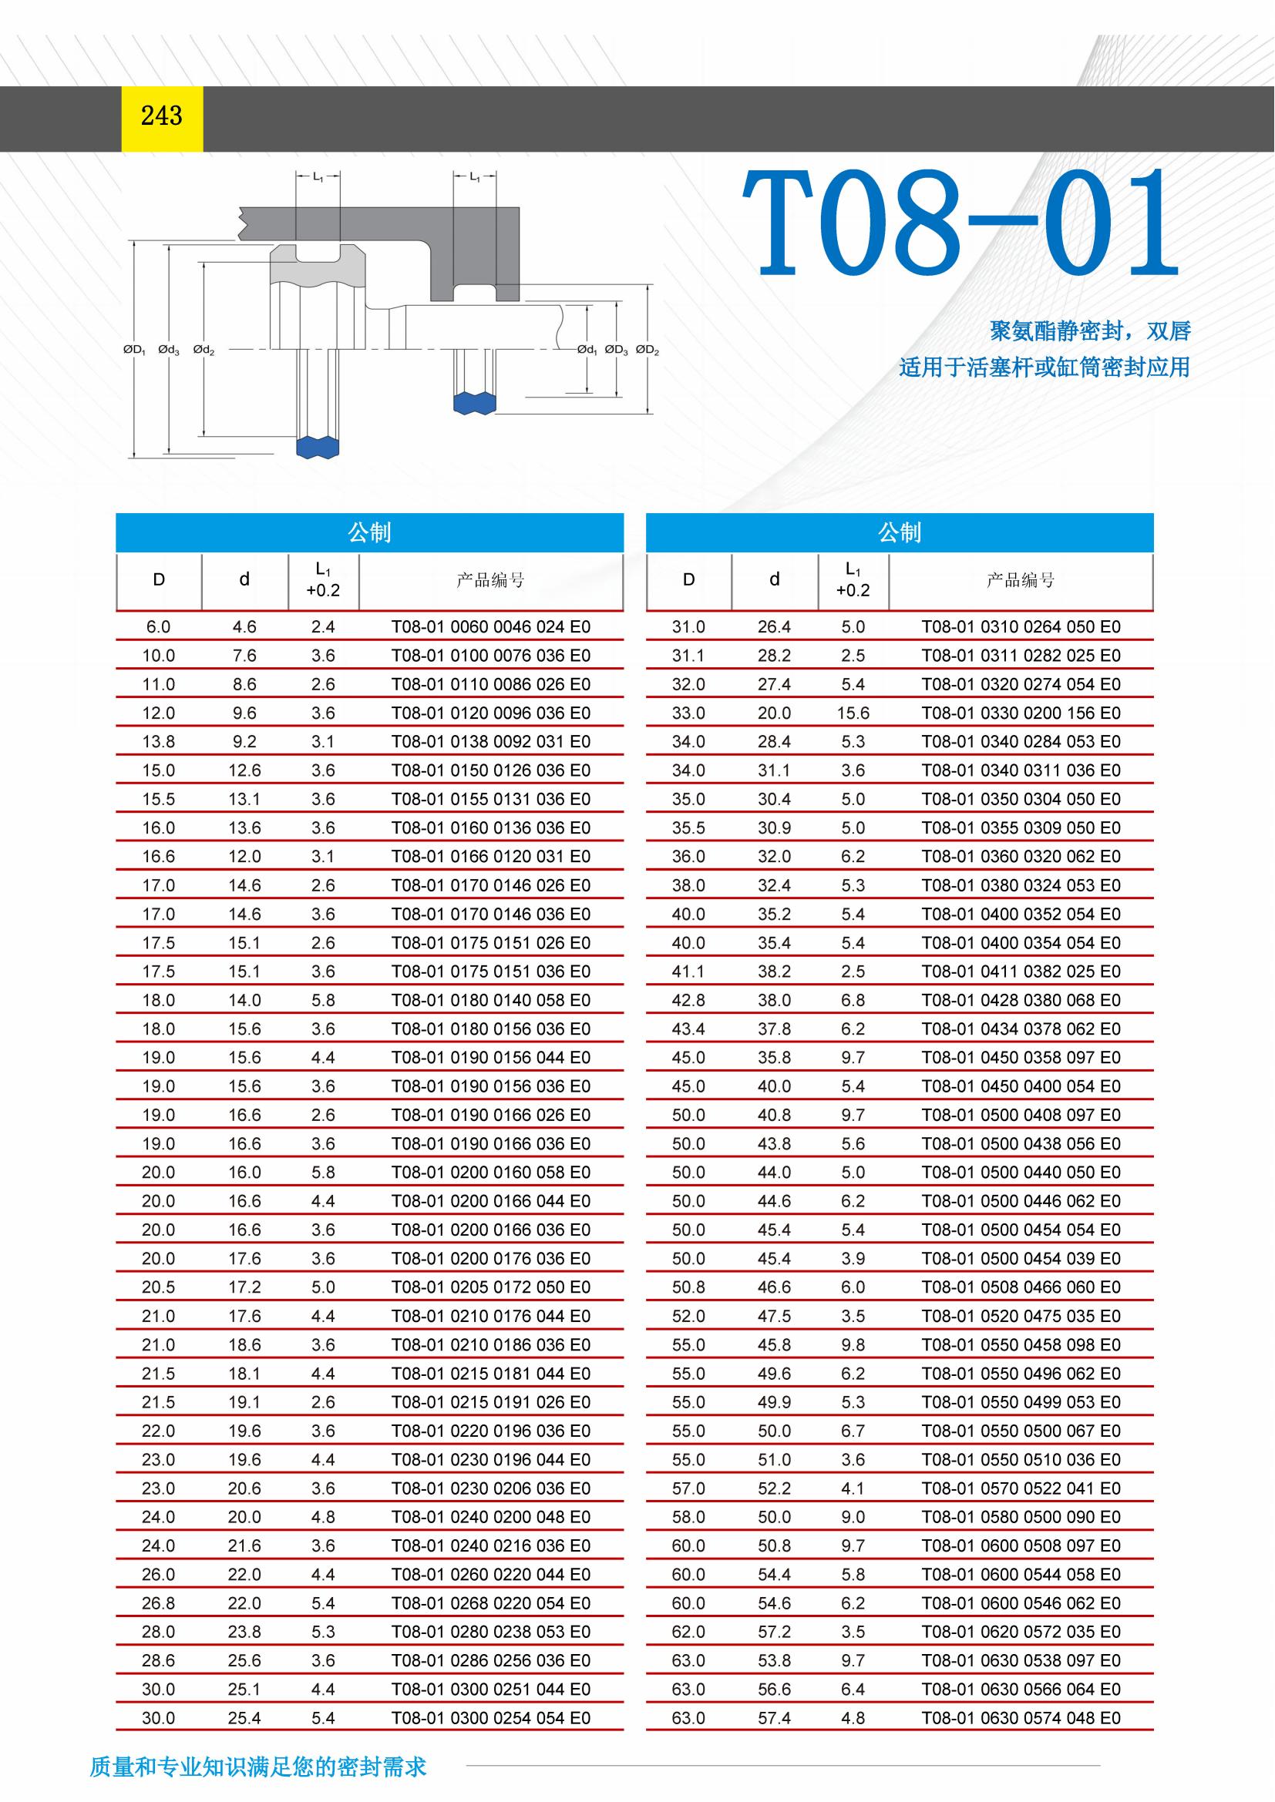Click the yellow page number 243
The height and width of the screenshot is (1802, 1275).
click(x=162, y=117)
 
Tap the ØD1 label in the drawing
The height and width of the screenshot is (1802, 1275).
click(x=134, y=350)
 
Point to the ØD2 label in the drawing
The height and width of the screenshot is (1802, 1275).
click(x=647, y=350)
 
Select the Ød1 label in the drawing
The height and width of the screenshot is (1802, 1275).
click(x=587, y=350)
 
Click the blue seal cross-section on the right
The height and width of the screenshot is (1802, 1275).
click(x=475, y=403)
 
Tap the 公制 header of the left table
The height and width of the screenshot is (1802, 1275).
click(x=369, y=533)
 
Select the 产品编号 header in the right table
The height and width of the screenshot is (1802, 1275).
click(x=1021, y=581)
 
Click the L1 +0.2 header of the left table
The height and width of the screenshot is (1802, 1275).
click(x=323, y=581)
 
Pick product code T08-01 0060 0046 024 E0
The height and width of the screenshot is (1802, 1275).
click(x=491, y=627)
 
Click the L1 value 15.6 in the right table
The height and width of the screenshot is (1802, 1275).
click(x=853, y=713)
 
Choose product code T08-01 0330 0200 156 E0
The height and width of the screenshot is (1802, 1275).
click(x=1021, y=713)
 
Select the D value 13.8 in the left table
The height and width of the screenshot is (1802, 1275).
click(x=158, y=742)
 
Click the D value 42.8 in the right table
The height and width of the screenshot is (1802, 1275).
click(x=688, y=1001)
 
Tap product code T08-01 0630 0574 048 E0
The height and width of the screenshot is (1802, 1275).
click(x=1021, y=1719)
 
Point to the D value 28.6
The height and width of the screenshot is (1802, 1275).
click(x=158, y=1661)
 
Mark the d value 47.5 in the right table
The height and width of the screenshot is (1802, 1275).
click(x=774, y=1316)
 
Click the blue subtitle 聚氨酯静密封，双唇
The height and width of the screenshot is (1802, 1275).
click(x=1090, y=331)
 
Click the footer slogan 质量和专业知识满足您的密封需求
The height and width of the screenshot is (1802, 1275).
click(x=257, y=1767)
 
